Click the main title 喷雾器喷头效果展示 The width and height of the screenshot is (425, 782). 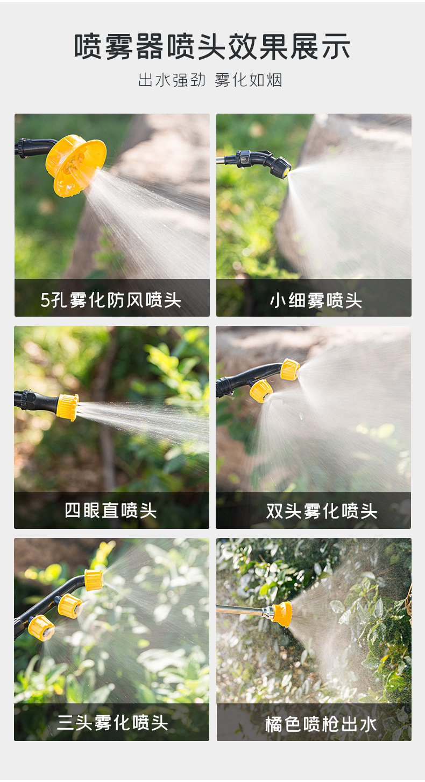(x=212, y=47)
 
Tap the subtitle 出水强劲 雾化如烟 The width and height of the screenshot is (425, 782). (x=210, y=80)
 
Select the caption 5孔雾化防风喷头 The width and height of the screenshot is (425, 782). (x=111, y=299)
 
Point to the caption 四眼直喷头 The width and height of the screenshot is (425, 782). (x=111, y=509)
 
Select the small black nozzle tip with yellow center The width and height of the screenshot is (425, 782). (x=281, y=168)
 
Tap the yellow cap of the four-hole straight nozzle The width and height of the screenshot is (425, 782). (x=68, y=407)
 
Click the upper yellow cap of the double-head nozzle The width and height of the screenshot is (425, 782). (x=289, y=370)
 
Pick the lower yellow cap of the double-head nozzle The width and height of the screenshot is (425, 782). (x=261, y=390)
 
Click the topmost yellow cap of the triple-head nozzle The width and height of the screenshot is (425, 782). (x=94, y=579)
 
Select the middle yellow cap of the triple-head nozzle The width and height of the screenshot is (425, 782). (x=70, y=606)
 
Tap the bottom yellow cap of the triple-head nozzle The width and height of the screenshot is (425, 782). (x=41, y=628)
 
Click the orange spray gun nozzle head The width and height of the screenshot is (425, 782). (x=281, y=613)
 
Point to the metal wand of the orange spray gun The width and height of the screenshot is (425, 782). (x=239, y=610)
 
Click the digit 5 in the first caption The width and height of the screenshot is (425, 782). (x=45, y=300)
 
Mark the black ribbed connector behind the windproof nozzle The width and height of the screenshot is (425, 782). (x=23, y=148)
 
